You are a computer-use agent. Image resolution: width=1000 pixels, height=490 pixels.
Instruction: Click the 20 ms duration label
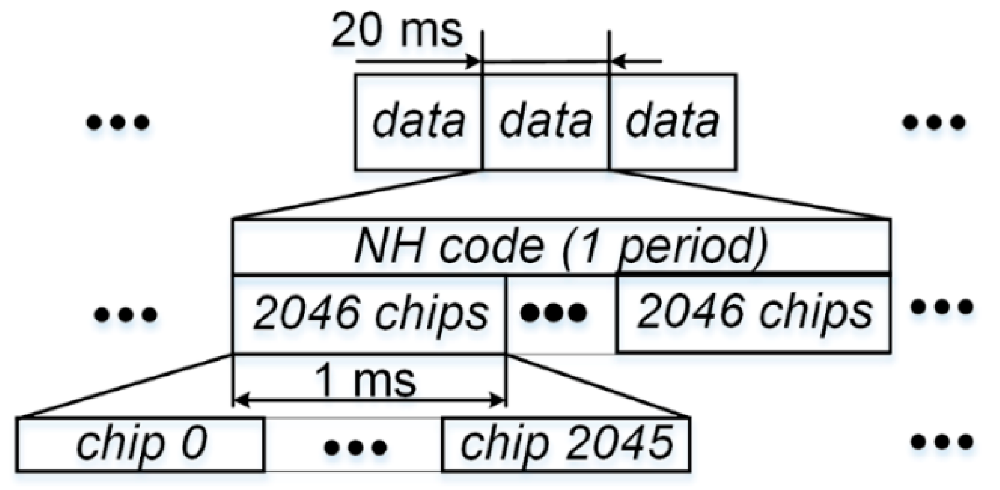pos(396,30)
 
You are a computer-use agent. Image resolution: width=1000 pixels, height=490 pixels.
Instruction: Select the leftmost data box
pos(419,121)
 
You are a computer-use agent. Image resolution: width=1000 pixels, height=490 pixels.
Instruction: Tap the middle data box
pos(546,121)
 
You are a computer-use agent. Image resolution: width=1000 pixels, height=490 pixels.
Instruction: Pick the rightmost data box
pos(672,121)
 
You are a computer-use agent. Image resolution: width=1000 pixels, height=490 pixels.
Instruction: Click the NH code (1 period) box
pos(562,246)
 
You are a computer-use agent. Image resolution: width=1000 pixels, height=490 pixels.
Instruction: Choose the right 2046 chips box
pos(754,313)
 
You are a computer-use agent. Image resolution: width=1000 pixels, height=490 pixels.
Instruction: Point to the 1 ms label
pos(365,380)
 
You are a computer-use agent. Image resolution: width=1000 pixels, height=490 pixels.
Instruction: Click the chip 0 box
pos(141,445)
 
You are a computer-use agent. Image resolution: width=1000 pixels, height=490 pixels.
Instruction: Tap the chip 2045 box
pos(566,445)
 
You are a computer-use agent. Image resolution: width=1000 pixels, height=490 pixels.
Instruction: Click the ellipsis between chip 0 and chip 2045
pos(355,447)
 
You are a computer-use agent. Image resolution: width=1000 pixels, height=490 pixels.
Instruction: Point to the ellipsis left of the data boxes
pos(118,122)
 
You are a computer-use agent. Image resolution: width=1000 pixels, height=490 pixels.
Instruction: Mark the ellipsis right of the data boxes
pos(935,122)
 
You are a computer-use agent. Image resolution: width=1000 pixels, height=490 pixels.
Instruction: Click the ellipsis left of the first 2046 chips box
pos(126,315)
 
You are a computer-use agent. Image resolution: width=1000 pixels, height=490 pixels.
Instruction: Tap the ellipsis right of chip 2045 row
pos(942,441)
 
